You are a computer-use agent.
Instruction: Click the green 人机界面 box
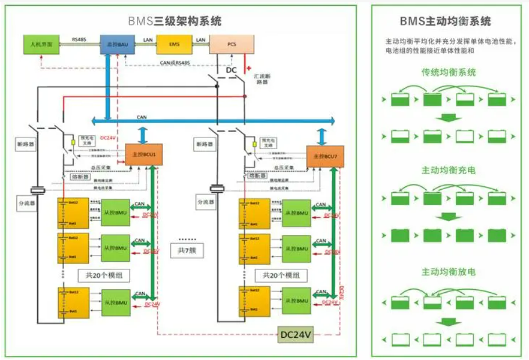(x=38, y=44)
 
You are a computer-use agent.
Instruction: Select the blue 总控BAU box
(x=117, y=44)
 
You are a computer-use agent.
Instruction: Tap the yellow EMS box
(x=174, y=44)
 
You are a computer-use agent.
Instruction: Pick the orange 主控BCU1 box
(x=143, y=156)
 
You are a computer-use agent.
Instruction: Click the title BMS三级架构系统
(x=175, y=21)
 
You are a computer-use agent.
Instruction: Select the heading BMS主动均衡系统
(x=445, y=21)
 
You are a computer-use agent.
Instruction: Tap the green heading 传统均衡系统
(x=448, y=73)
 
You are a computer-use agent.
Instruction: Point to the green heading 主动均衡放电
(x=448, y=271)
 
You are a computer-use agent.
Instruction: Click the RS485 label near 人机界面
(x=80, y=39)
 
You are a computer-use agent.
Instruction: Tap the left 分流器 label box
(x=27, y=204)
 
